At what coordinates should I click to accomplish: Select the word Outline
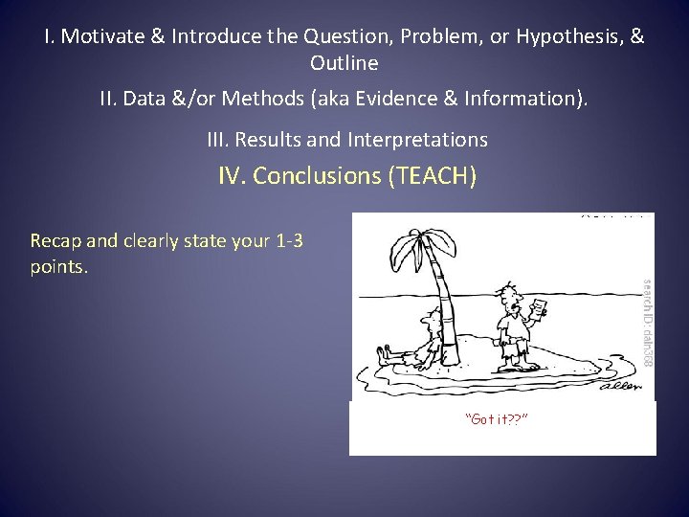click(x=344, y=64)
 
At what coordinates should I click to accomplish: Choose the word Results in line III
click(x=268, y=140)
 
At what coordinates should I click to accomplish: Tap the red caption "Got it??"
click(x=497, y=420)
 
